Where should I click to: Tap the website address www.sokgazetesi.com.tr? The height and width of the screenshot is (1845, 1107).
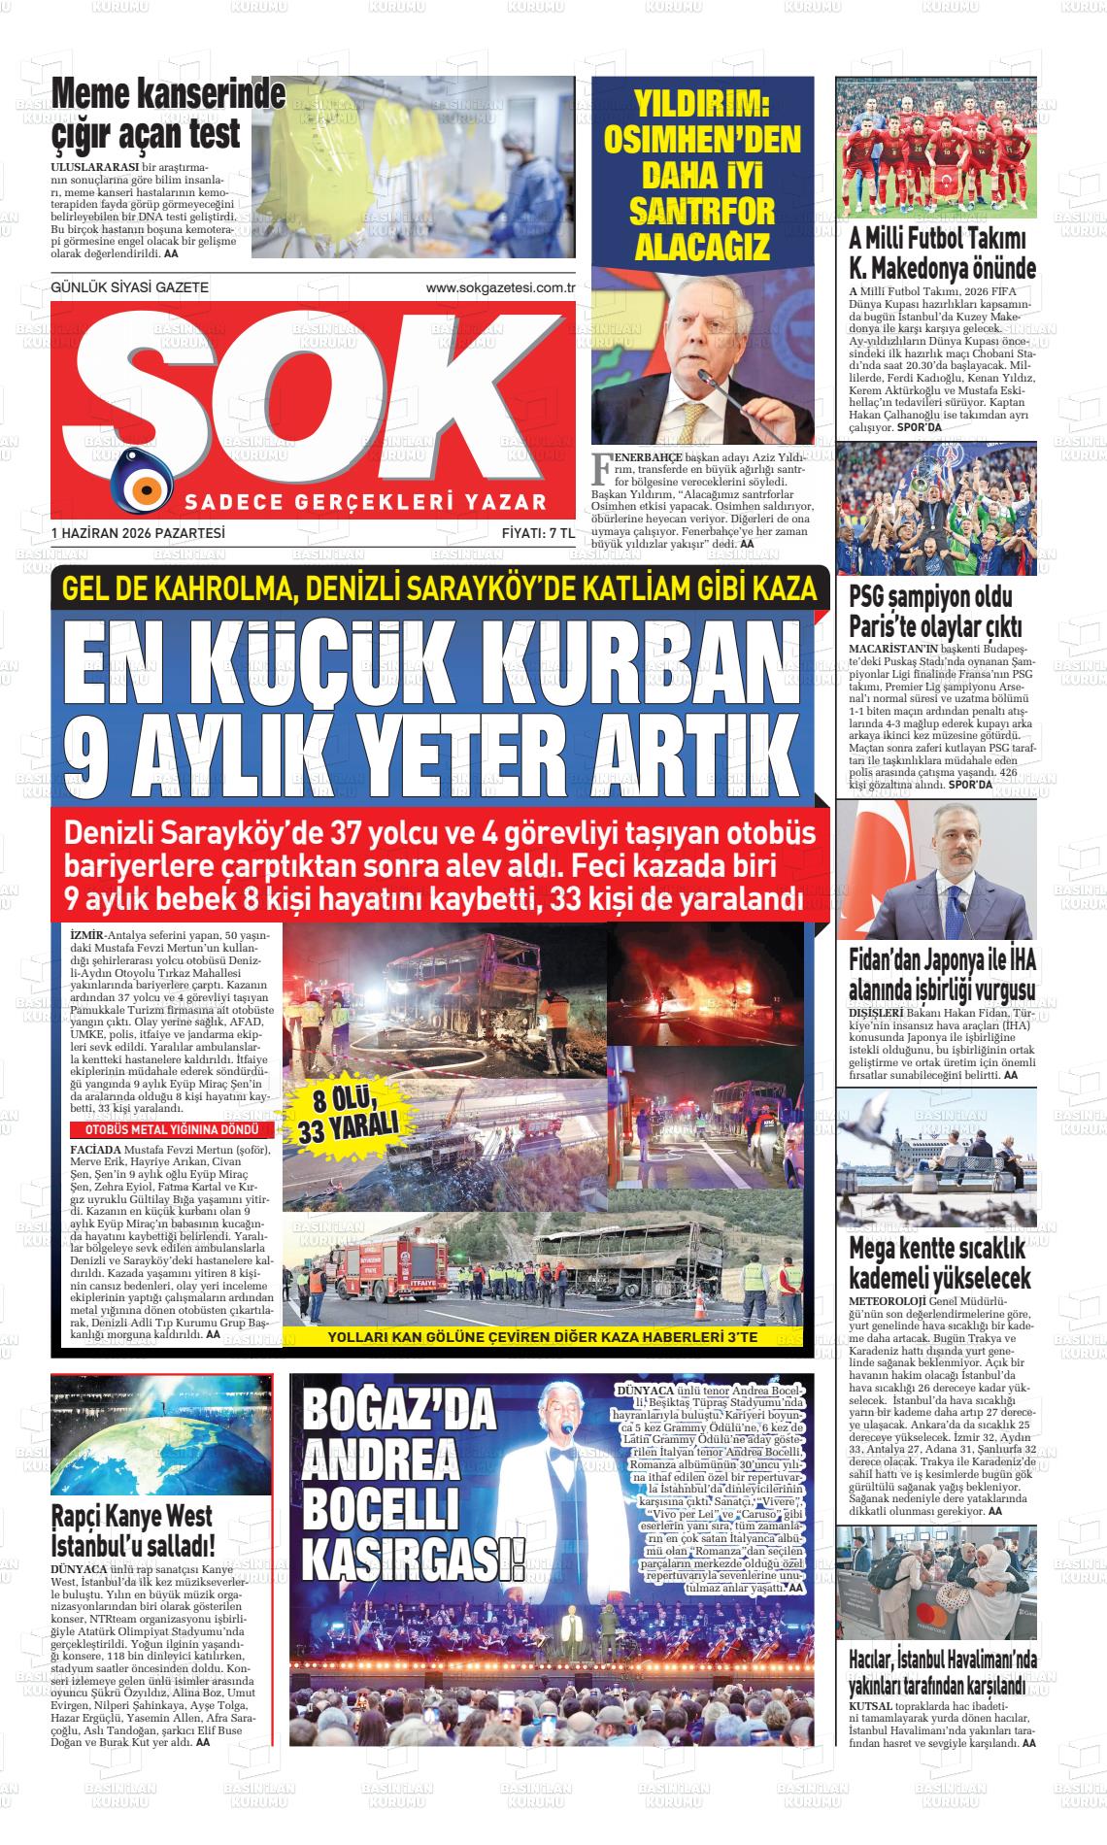click(501, 288)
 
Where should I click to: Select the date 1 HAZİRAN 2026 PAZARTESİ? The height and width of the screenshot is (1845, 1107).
click(138, 533)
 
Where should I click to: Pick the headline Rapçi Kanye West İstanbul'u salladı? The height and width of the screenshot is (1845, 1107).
click(134, 1529)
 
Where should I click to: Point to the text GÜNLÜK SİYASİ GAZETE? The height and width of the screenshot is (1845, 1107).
click(129, 288)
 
